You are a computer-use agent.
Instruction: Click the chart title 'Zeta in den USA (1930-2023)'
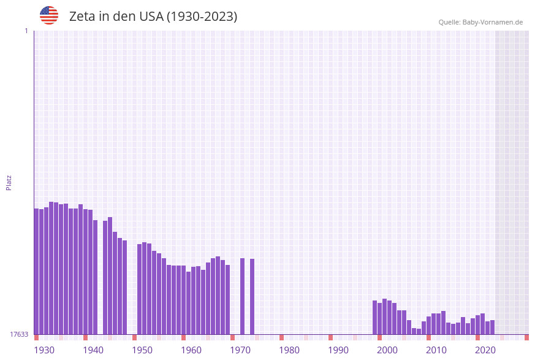[x=153, y=17]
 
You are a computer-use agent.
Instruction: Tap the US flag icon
[x=49, y=15]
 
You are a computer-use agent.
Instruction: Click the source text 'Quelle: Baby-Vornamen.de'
[x=480, y=22]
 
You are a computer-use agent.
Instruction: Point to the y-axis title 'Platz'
[x=9, y=182]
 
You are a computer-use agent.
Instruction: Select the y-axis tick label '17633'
[x=19, y=334]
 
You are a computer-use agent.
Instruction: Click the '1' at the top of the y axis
[x=26, y=31]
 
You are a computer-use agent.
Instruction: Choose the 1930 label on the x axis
[x=44, y=350]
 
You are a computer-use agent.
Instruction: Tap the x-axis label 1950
[x=142, y=350]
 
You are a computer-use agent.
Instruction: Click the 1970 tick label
[x=240, y=350]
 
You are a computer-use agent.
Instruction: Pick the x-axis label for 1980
[x=289, y=350]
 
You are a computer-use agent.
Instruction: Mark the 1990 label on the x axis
[x=338, y=350]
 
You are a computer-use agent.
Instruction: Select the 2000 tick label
[x=387, y=350]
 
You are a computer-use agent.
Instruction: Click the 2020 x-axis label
[x=485, y=350]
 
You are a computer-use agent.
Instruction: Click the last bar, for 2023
[x=492, y=327]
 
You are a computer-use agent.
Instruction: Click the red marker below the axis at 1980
[x=282, y=337]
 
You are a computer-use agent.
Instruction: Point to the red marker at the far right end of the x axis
[x=526, y=337]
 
